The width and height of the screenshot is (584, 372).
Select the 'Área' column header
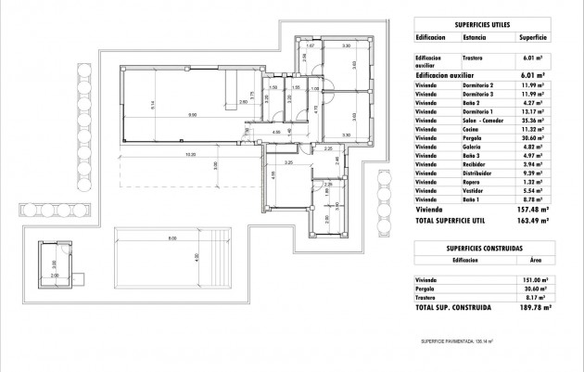click(534, 261)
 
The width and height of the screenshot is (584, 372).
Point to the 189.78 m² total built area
click(534, 307)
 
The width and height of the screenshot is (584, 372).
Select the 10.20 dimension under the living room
click(189, 153)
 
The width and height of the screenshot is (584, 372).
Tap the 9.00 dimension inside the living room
click(191, 115)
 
